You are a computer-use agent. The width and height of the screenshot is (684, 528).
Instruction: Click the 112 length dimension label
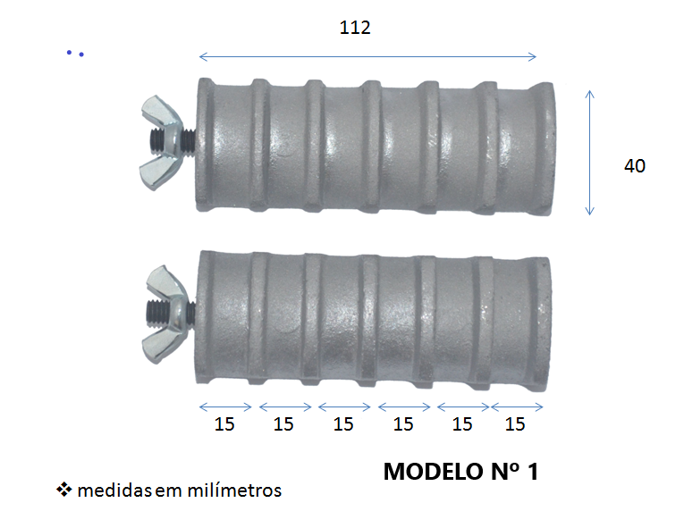[355, 28]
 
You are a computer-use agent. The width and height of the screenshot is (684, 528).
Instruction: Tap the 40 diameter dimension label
[634, 165]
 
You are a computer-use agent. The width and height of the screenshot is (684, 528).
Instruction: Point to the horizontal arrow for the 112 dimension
[367, 57]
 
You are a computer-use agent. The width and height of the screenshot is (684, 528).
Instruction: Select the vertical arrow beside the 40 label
[589, 152]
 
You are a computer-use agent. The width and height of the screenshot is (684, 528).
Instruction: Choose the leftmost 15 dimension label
[224, 424]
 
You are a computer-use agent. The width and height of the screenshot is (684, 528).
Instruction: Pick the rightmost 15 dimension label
[515, 424]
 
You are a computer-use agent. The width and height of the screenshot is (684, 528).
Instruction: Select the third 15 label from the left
[343, 424]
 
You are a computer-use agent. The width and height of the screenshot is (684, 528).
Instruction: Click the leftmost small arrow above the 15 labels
[226, 406]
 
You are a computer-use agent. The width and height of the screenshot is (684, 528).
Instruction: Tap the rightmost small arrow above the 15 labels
[518, 406]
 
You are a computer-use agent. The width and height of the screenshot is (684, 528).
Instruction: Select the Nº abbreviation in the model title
[498, 472]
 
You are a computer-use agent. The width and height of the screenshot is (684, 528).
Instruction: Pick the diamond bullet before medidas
[64, 490]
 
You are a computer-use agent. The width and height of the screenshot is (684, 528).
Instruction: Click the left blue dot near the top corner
[68, 54]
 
